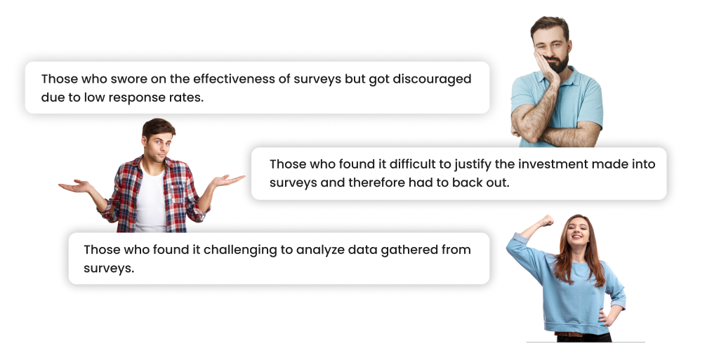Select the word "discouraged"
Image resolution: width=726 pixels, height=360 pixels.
pos(432,79)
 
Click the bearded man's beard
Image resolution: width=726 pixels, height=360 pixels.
pos(559,64)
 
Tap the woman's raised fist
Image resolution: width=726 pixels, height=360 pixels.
pos(547,220)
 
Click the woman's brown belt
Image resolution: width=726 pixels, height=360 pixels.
pos(568,334)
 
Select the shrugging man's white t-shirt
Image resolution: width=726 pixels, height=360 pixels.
pos(150,201)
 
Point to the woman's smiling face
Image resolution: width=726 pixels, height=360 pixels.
pos(578,232)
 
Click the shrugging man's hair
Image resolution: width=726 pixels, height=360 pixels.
pos(158,127)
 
